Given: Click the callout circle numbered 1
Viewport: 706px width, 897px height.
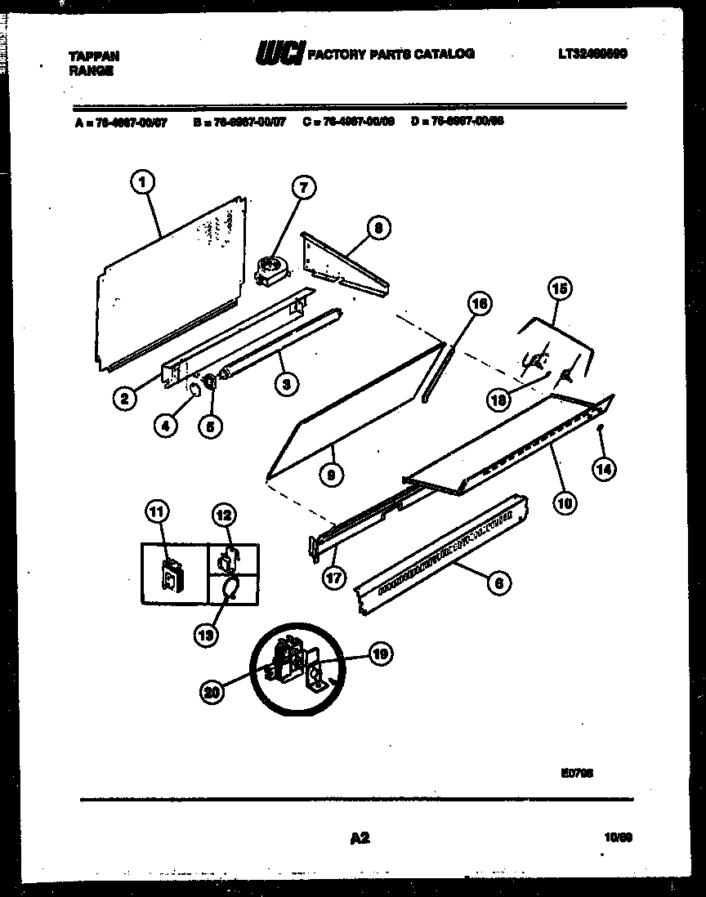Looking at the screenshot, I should pos(142,183).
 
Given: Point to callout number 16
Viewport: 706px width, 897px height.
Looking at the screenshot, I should pos(480,304).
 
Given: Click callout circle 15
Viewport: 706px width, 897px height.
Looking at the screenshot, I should pos(560,288).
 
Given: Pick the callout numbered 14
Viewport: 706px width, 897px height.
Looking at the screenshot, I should pos(605,468).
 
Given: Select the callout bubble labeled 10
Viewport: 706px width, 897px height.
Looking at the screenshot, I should pos(563,503).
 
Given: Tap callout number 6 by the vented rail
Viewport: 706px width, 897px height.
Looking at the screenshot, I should pos(498,582).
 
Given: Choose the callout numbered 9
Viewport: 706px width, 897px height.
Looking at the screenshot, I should pos(332,473).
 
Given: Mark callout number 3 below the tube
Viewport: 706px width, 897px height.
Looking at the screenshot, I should pos(285,384).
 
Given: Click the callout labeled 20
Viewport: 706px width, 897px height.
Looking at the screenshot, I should pos(212,691).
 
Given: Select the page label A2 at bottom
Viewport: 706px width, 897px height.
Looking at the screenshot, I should pos(360,838).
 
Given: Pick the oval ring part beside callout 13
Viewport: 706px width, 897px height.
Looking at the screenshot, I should pos(230,587).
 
